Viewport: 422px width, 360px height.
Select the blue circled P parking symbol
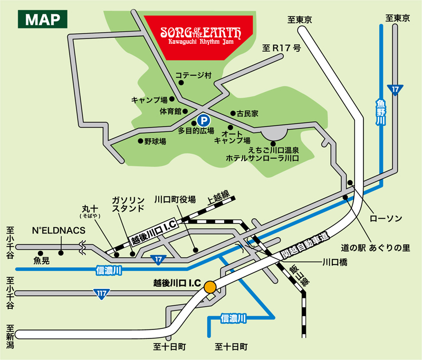[x=202, y=120]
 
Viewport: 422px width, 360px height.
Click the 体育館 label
[x=170, y=112]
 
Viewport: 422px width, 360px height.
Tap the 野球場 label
[x=156, y=142]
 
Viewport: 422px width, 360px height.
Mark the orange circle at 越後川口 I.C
[x=210, y=287]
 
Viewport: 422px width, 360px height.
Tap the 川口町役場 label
[x=175, y=200]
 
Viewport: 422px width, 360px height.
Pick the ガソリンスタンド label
[x=128, y=204]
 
